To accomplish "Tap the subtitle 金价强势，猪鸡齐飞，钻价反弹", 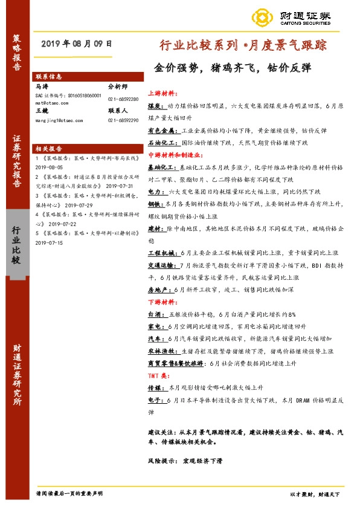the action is pyautogui.click(x=233, y=67).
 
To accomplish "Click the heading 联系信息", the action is pyautogui.click(x=48, y=77).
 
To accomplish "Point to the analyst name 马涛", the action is pyautogui.click(x=42, y=87).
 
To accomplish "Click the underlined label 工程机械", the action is pyautogui.click(x=160, y=251).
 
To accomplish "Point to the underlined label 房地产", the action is pyautogui.click(x=158, y=290).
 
